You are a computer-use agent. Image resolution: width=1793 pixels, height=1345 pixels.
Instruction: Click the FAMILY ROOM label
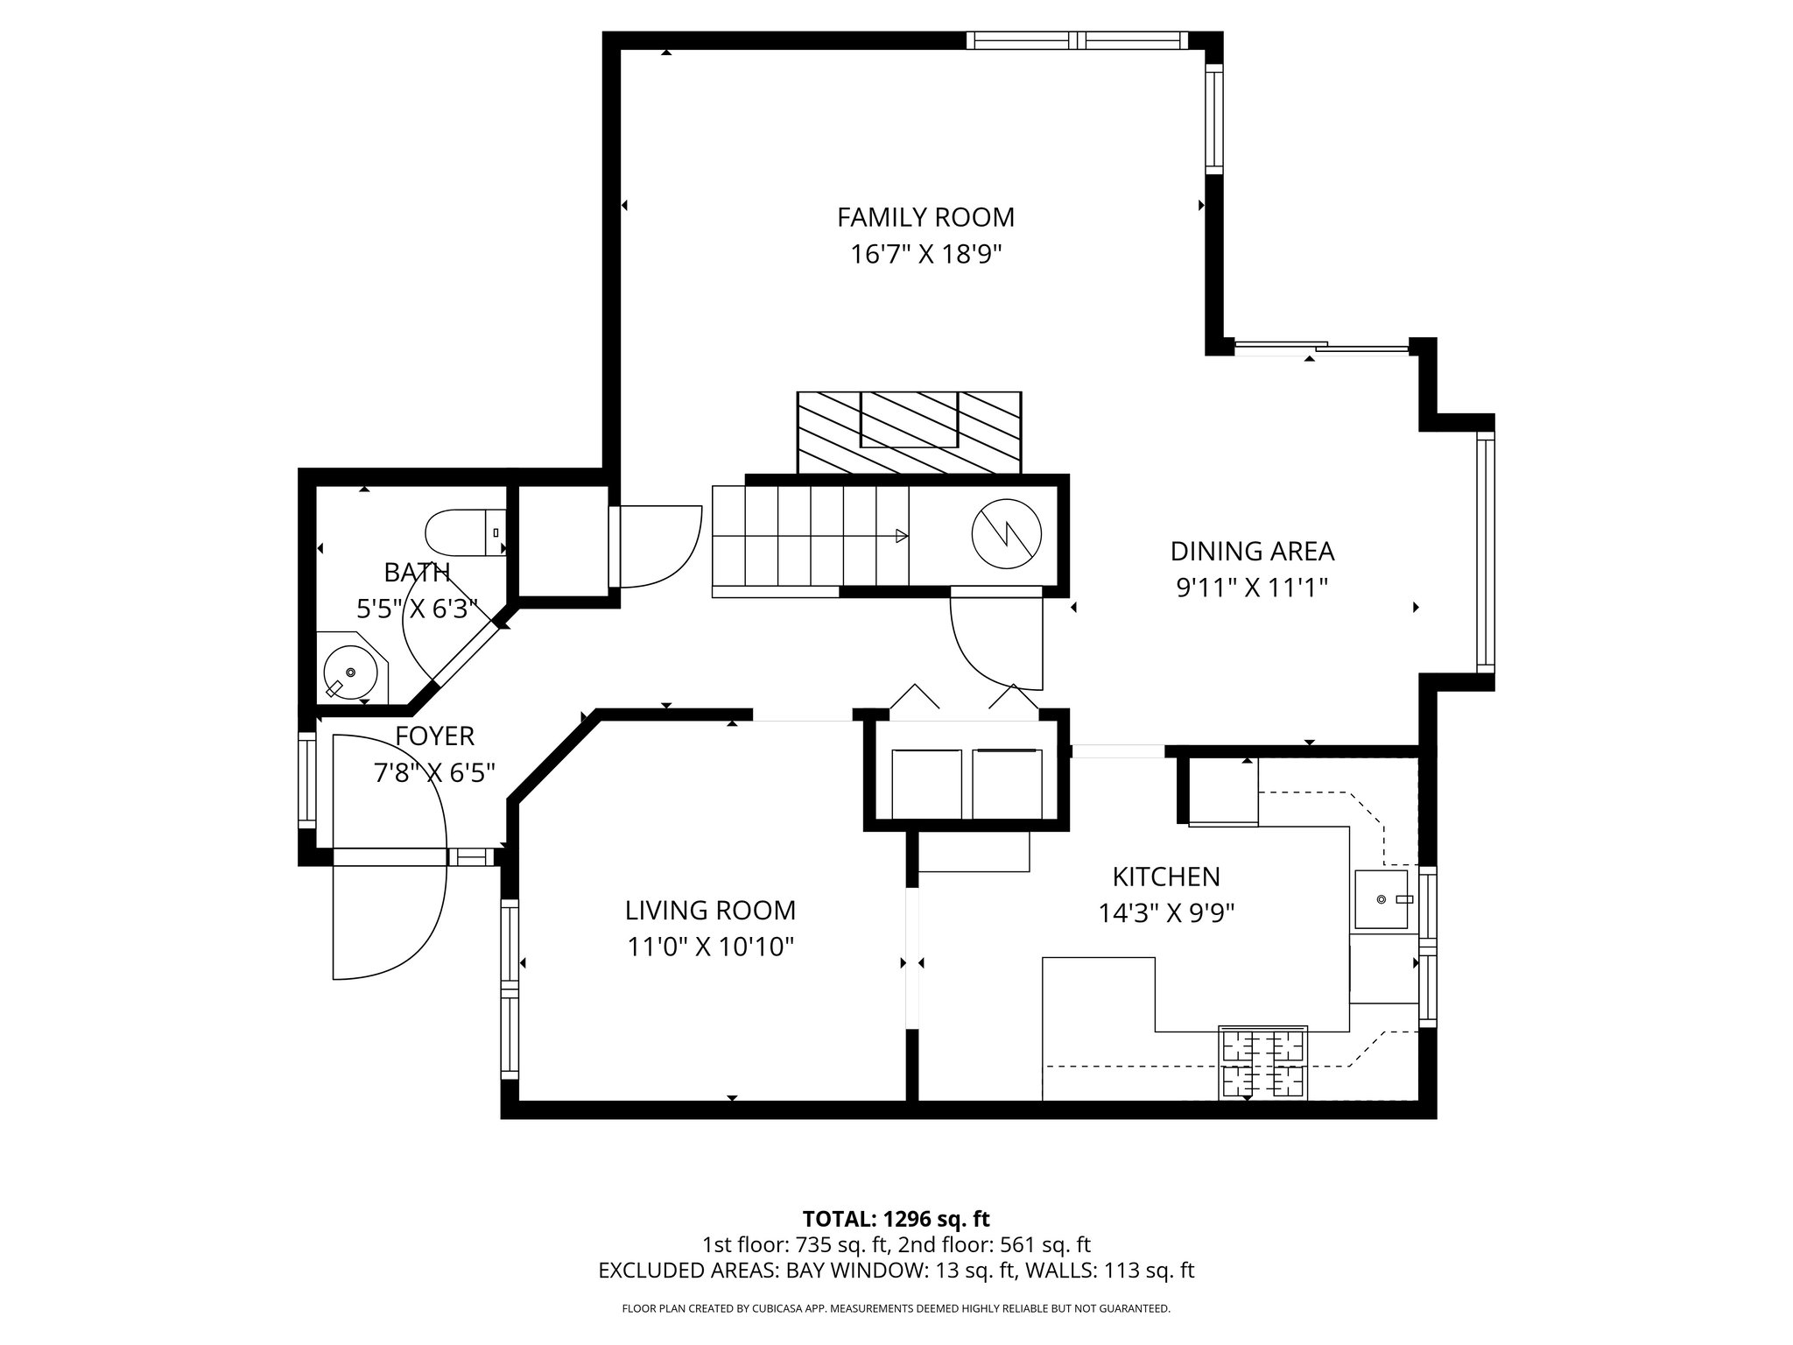[x=925, y=217]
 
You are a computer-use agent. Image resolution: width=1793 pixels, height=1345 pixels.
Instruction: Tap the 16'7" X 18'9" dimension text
[x=925, y=255]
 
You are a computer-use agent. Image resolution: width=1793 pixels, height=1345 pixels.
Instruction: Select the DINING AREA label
[x=1252, y=552]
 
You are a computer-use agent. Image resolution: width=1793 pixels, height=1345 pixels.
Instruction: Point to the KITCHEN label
[x=1165, y=877]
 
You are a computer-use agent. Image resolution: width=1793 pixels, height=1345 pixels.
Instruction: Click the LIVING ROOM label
[x=710, y=911]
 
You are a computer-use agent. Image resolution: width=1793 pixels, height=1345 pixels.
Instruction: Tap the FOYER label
[x=434, y=736]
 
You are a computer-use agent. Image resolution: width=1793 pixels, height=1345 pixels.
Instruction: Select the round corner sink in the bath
[x=350, y=672]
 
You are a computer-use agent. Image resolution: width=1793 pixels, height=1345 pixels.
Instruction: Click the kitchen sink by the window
[x=1381, y=899]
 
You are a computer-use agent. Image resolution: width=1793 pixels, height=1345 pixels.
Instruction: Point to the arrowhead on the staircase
[x=901, y=536]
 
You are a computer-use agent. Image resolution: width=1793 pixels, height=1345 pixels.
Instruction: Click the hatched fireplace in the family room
[x=909, y=432]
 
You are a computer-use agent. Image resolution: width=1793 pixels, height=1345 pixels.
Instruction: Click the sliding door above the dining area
[x=1321, y=349]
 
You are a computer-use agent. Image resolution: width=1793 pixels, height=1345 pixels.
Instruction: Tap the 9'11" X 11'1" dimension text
[x=1252, y=588]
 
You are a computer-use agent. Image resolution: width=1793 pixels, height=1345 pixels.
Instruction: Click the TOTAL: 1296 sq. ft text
[x=896, y=1219]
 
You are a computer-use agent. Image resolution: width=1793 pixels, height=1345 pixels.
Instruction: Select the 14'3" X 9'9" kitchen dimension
[x=1165, y=914]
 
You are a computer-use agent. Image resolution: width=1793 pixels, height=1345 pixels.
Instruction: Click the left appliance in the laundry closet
[x=926, y=783]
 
